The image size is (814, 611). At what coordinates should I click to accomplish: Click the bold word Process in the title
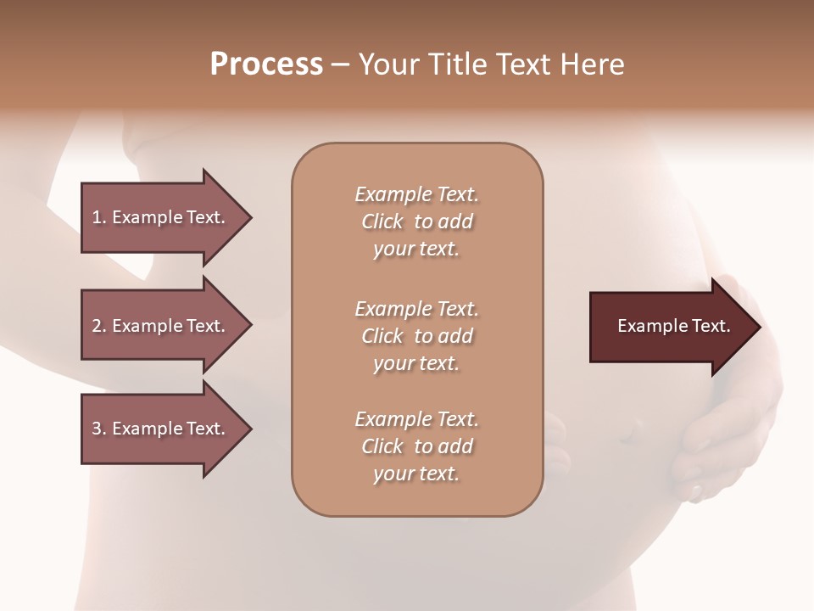[x=266, y=64]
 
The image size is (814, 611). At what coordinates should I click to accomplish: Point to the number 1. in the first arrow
[x=99, y=217]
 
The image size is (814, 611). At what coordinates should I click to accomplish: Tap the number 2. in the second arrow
[x=99, y=326]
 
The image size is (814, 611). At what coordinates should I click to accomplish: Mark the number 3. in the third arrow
[x=99, y=429]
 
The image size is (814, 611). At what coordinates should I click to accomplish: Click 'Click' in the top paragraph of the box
[x=382, y=221]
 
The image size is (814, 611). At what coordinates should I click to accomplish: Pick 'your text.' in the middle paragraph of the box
[x=416, y=363]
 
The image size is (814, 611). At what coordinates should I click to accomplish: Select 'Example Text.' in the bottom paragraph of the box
[x=417, y=419]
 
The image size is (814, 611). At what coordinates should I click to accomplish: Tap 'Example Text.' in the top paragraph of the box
[x=417, y=194]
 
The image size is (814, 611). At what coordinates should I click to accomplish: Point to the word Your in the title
[x=388, y=64]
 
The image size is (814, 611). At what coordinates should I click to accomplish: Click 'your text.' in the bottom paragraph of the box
[x=416, y=474]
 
